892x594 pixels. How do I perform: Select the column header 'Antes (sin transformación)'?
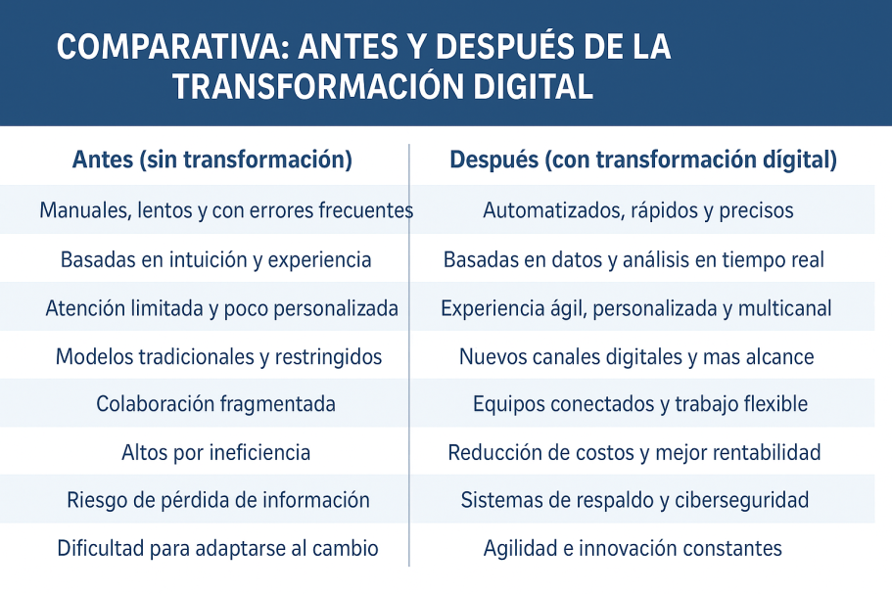click(x=212, y=160)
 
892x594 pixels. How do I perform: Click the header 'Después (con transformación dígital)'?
click(x=643, y=160)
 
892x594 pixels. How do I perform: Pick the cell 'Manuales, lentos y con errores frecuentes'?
click(x=226, y=210)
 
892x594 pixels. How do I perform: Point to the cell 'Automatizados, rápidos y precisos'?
click(x=638, y=210)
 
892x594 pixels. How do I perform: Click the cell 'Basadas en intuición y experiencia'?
click(x=216, y=259)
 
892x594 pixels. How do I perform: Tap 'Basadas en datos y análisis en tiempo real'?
click(x=634, y=259)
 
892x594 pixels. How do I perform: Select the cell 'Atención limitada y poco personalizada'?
click(x=222, y=308)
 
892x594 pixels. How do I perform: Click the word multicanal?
click(x=785, y=308)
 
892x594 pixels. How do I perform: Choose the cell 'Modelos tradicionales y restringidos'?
click(x=219, y=357)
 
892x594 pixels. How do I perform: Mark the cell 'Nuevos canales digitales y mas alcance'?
click(x=636, y=357)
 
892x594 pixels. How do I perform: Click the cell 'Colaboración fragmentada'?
click(x=215, y=404)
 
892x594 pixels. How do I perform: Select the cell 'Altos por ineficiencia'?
click(x=216, y=453)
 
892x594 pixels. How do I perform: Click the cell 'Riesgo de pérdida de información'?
click(x=218, y=500)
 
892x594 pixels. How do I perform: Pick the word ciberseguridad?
click(x=742, y=500)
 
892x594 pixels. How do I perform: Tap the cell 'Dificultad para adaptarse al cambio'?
click(x=218, y=549)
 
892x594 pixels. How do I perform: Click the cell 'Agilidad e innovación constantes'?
click(x=633, y=549)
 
